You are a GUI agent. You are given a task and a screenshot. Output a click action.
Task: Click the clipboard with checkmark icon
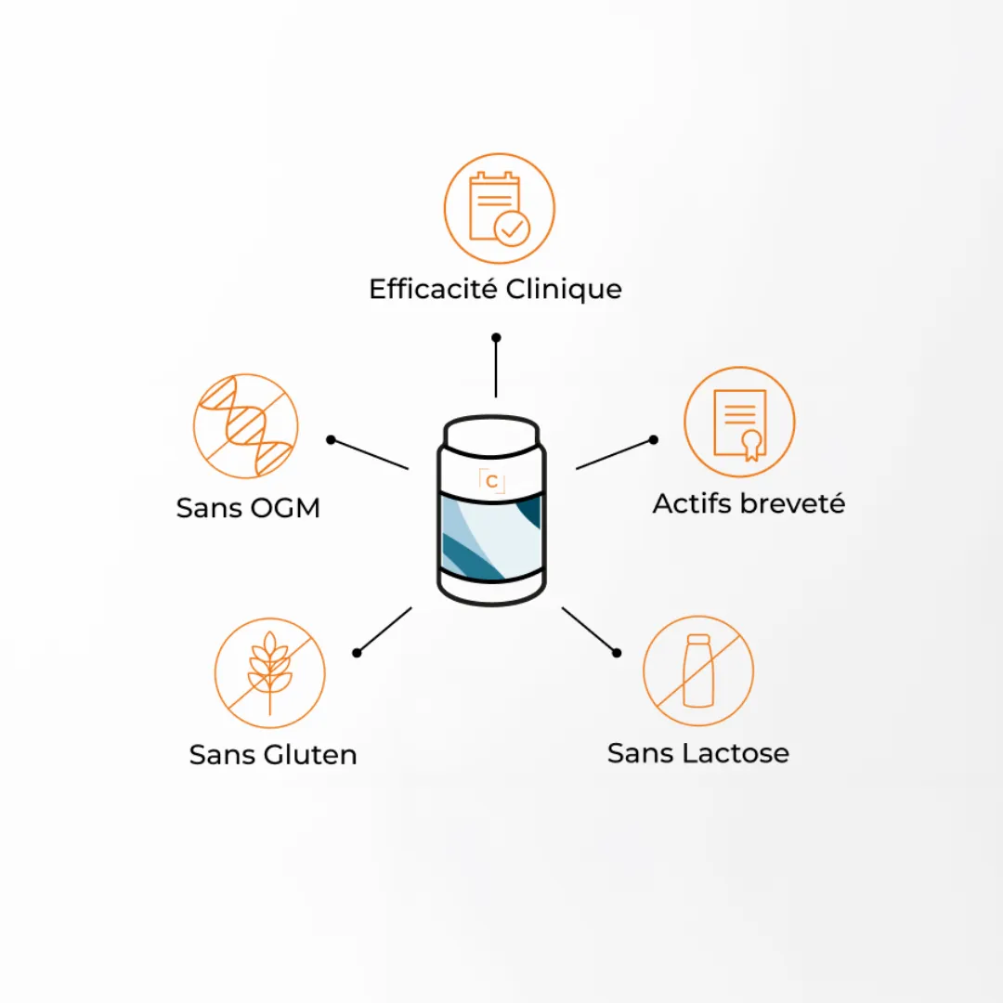499,209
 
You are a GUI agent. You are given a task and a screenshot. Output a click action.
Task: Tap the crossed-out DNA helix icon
245,426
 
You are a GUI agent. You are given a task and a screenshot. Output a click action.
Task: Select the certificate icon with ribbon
739,423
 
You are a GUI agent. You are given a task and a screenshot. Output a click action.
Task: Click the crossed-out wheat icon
270,673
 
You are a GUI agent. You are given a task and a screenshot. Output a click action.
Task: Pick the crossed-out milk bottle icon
698,671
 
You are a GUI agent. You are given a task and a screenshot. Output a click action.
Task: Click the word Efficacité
433,289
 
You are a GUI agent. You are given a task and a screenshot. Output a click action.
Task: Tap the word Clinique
564,290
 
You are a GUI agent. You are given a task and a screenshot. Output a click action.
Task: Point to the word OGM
285,508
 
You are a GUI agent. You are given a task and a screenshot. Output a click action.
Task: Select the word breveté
793,503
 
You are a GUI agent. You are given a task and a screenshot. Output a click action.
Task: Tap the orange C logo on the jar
492,482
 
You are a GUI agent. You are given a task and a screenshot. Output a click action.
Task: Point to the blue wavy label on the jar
491,538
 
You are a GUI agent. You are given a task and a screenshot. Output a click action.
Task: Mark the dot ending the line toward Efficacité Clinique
496,337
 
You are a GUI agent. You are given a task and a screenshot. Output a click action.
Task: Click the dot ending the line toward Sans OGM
331,439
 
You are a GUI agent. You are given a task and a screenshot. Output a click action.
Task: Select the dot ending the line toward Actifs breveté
653,439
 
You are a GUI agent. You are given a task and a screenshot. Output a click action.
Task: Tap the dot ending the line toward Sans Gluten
357,653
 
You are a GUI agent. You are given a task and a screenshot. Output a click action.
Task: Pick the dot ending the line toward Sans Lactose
617,653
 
